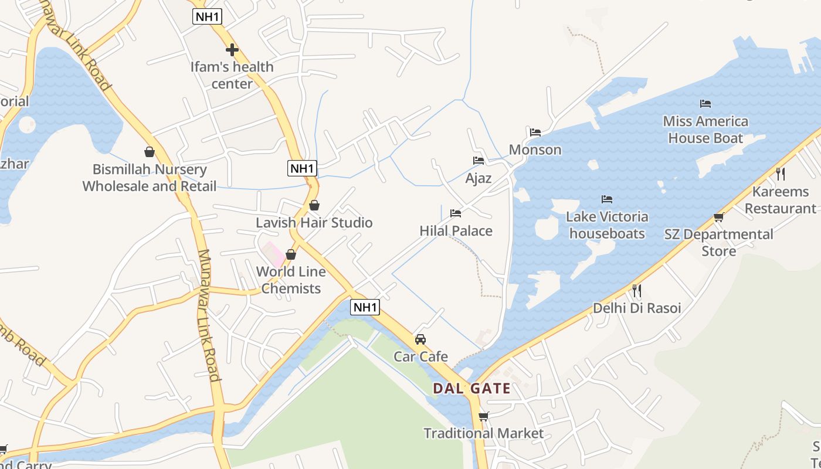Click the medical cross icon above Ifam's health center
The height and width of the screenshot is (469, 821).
pos(232,50)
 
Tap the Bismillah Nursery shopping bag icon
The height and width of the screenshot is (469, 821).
pos(150,152)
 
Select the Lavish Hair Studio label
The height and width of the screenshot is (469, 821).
pos(314,223)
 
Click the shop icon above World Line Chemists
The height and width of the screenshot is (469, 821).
pos(291,254)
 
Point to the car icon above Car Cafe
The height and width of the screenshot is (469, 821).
pos(420,339)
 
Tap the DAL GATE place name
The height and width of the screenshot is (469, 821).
pos(471,388)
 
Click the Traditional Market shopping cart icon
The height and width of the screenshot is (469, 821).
pos(483,417)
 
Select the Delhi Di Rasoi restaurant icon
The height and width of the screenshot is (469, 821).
pos(637,291)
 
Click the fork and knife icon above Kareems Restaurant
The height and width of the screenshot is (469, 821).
pos(780,174)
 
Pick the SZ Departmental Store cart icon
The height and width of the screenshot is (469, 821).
pos(718,217)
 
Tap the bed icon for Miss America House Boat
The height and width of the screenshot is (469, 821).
pos(705,104)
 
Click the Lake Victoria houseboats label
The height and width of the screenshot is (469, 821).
pos(607,225)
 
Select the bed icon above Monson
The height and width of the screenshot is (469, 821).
pos(535,132)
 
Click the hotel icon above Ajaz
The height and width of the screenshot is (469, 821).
pos(479,161)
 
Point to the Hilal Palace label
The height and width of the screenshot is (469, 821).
pos(456,231)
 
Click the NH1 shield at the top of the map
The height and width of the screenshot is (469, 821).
pos(207,16)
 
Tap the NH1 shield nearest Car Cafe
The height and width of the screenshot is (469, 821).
pos(365,307)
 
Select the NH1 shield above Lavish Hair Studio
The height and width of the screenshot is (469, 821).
pos(302,168)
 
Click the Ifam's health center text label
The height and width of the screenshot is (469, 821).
pos(232,75)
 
